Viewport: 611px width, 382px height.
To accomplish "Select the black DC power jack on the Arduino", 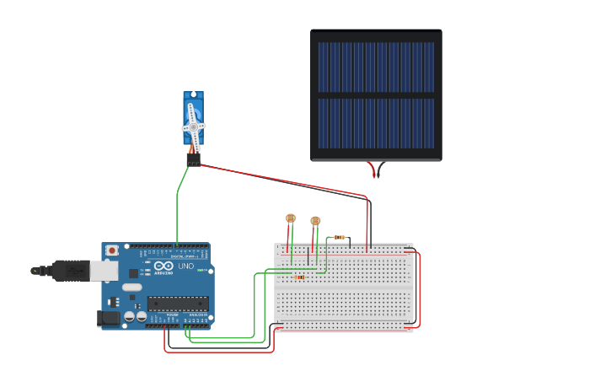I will click(x=108, y=318).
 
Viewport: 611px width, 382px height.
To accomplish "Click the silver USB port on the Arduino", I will click(x=104, y=271).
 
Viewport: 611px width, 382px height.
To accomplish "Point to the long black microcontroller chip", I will click(x=176, y=304).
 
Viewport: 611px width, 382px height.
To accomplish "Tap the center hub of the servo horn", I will click(x=193, y=127).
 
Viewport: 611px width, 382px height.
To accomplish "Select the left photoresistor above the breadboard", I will click(x=291, y=218).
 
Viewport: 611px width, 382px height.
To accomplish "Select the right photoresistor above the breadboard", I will click(x=315, y=221).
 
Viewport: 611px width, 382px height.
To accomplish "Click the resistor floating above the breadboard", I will click(x=339, y=237).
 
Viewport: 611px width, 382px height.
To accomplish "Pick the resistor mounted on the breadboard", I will click(x=299, y=277).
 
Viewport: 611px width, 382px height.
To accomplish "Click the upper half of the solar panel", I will click(x=376, y=67).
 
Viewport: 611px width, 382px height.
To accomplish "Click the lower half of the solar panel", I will click(x=376, y=123).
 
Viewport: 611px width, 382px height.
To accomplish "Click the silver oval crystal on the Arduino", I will click(x=132, y=287).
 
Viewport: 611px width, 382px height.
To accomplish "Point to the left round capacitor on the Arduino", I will click(x=129, y=316).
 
